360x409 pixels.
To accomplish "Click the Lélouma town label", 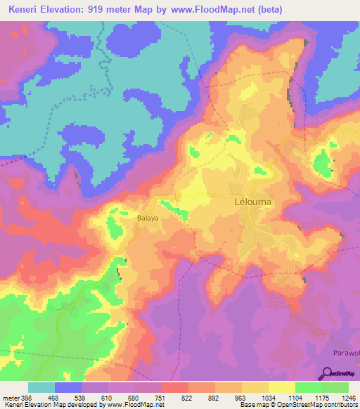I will pos(252,201).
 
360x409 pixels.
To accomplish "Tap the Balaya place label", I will pos(148,218).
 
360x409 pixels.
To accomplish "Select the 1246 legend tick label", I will pos(347,398).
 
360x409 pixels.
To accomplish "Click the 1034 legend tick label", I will pos(269,398).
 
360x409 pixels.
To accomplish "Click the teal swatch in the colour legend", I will pos(41,387).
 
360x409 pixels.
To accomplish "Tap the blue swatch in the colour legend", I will pos(68,387).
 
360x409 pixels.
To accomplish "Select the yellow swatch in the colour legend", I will pos(255,387).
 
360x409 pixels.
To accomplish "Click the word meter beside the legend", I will pos(10,398).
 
